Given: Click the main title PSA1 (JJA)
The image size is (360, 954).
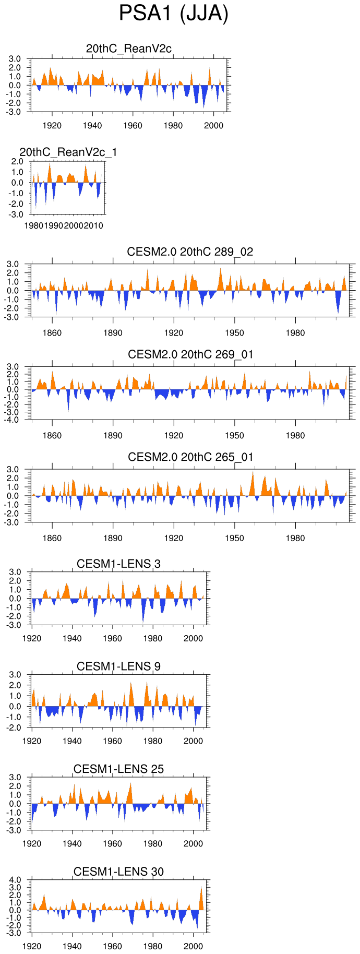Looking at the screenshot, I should click(x=174, y=14).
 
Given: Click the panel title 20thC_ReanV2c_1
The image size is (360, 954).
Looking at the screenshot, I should click(x=68, y=152).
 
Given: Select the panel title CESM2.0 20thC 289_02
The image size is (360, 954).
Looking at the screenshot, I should click(x=190, y=252).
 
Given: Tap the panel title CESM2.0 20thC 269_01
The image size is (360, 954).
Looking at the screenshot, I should click(x=190, y=354).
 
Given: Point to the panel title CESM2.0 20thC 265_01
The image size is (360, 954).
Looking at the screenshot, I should click(x=190, y=457).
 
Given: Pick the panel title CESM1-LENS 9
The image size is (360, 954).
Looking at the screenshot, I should click(x=118, y=666).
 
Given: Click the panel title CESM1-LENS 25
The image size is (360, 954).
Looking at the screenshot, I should click(x=118, y=769).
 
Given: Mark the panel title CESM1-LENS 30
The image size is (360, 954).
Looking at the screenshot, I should click(x=118, y=872).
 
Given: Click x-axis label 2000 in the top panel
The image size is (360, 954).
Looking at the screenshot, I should click(x=213, y=125).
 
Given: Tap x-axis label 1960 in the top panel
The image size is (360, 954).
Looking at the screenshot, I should click(x=133, y=125).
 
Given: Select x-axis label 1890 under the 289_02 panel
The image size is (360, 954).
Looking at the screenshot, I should click(x=113, y=333).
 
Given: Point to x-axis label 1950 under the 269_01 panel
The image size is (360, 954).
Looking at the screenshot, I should click(x=234, y=435).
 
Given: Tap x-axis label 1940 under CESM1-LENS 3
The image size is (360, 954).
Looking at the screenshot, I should click(x=72, y=638).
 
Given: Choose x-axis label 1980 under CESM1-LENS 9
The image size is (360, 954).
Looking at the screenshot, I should click(x=153, y=741).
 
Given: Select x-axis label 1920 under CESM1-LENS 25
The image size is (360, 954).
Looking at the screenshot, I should click(x=32, y=844).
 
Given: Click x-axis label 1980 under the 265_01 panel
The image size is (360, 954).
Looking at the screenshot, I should click(x=295, y=538).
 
